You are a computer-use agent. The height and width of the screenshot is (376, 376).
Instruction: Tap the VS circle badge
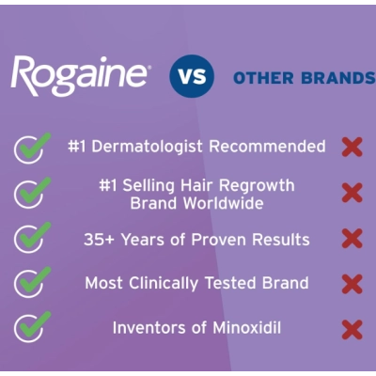(192, 77)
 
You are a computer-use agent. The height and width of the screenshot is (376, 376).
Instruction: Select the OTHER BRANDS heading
(303, 77)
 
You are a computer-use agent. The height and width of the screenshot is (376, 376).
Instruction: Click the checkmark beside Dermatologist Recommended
(34, 148)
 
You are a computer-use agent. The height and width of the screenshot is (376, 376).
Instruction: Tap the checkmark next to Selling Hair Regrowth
(34, 192)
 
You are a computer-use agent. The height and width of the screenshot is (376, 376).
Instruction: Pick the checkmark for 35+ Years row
(34, 237)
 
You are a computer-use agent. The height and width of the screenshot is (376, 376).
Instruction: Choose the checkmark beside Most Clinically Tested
(34, 281)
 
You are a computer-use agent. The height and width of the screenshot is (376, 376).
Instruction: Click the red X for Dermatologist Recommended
(352, 148)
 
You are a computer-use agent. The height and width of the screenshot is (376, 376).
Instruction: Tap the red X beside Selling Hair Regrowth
(352, 193)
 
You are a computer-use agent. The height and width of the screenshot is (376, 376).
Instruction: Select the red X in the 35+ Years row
(352, 238)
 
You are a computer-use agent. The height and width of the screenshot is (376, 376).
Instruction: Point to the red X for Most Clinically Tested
(352, 282)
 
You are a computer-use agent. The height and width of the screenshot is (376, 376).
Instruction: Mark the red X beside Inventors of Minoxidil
(352, 329)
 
